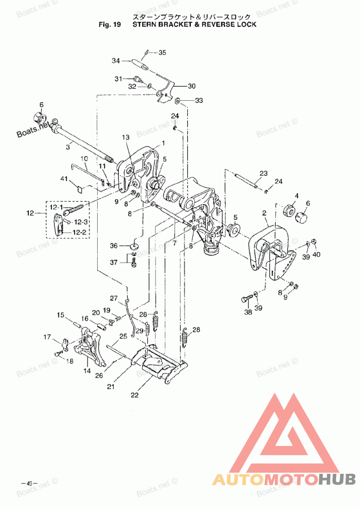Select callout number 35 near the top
tap(162, 53)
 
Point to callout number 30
tap(192, 86)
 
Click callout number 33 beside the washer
tap(198, 100)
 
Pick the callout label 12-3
tap(81, 222)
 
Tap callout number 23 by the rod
tap(263, 174)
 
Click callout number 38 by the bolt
tap(247, 312)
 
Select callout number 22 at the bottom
tap(135, 396)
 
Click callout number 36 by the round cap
tap(114, 245)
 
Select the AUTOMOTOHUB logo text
tap(284, 480)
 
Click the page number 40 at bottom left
tap(29, 484)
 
